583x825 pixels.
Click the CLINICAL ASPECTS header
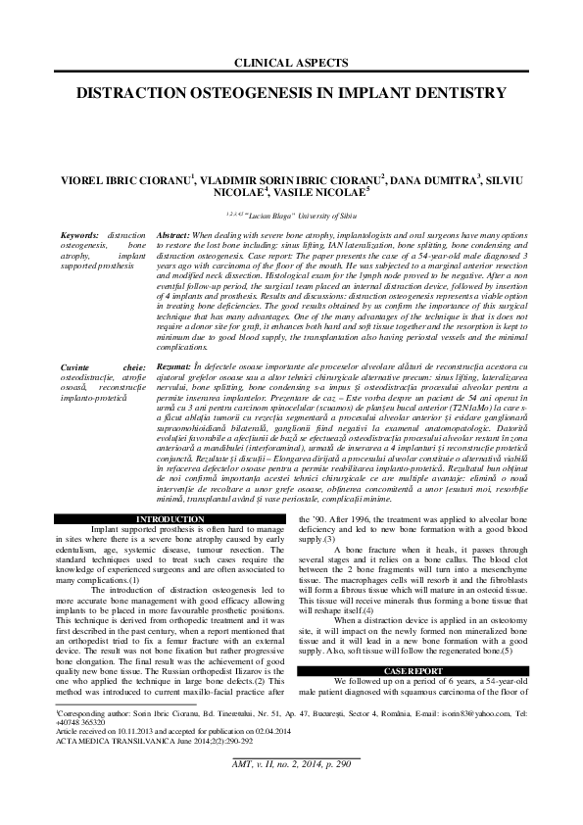[x=291, y=63]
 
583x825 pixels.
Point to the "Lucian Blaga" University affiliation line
[x=291, y=213]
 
